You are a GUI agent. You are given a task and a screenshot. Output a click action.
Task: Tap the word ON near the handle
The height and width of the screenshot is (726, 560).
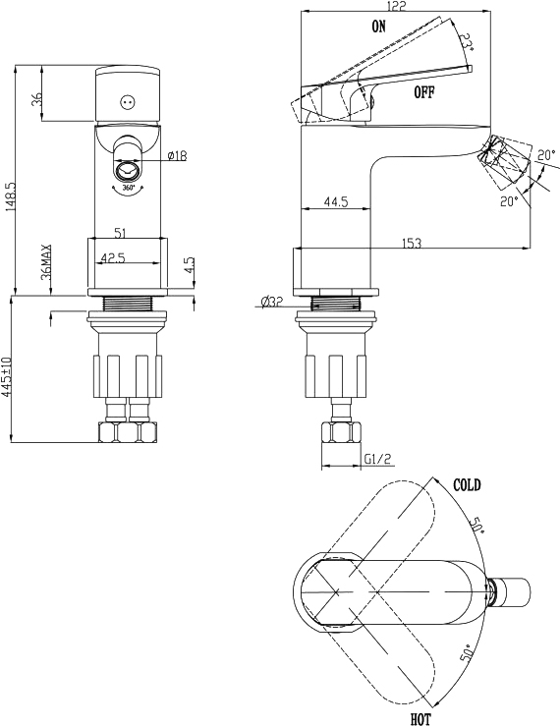378,27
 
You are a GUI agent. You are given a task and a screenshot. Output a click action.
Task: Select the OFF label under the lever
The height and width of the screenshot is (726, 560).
424,92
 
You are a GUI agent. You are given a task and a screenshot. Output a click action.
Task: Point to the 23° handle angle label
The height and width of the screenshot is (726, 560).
468,42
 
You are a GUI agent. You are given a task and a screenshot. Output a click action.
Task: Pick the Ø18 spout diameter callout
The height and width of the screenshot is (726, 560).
178,155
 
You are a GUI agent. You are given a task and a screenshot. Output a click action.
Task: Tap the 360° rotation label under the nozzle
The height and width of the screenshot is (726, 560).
129,188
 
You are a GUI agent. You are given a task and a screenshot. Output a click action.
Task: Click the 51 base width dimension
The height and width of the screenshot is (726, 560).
120,233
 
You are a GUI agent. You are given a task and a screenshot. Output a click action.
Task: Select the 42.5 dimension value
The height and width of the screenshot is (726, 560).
113,258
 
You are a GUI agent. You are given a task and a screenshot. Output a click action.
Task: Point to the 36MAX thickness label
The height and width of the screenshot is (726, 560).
46,262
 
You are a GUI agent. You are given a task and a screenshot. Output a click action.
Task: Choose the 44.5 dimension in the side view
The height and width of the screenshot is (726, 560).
336,201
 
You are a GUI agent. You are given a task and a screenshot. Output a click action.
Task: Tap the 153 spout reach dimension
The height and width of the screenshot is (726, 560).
412,242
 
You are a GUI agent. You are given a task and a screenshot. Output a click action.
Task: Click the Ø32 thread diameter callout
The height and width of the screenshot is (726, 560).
271,303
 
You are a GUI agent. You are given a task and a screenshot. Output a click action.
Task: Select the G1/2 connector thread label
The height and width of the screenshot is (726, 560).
377,459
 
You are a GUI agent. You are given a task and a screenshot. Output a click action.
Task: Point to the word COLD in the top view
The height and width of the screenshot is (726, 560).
467,485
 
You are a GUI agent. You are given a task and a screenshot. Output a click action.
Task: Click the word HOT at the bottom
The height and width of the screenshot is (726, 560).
420,719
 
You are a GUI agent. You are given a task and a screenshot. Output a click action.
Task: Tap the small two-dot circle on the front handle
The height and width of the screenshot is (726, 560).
127,102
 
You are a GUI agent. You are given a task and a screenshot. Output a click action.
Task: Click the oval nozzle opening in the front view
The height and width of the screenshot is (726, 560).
128,170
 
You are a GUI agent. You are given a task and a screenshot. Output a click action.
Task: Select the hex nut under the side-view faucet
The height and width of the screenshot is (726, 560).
341,433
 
